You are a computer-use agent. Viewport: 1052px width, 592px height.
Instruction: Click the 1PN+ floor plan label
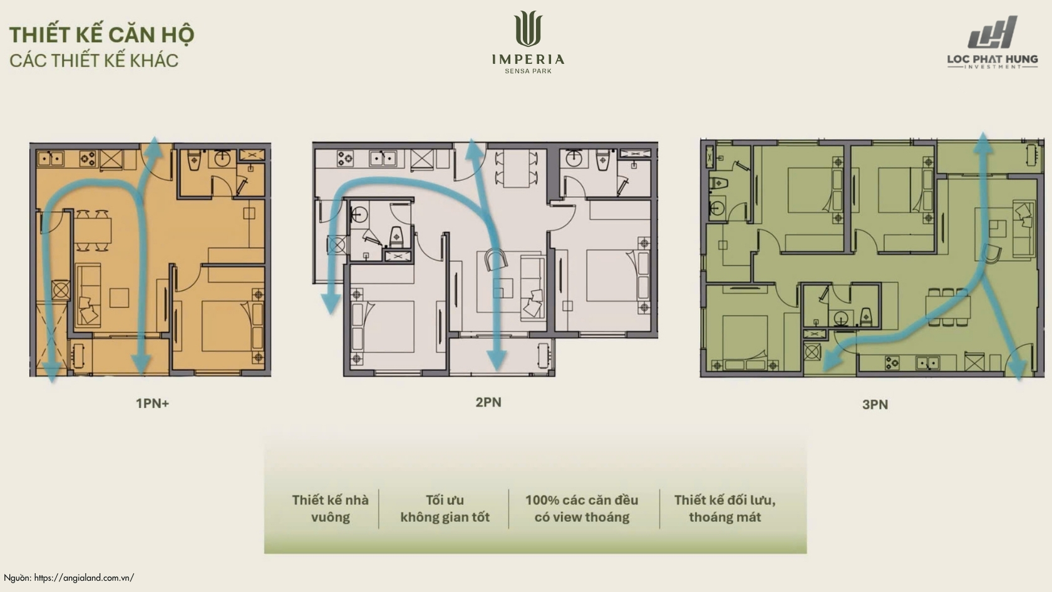pos(152,403)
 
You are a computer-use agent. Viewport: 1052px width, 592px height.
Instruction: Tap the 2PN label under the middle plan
pos(488,402)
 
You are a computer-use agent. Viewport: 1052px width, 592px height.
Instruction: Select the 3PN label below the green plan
pos(875,405)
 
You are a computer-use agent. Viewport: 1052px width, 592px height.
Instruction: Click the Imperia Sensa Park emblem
pos(528,29)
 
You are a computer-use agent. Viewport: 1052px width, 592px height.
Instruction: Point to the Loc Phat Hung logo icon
pos(993,32)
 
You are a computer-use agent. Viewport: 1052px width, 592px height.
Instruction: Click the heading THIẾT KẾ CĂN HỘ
pos(101,35)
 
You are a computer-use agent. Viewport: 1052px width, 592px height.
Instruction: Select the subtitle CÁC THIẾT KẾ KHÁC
pos(94,61)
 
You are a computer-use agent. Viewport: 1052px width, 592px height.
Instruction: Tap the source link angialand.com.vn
pos(84,578)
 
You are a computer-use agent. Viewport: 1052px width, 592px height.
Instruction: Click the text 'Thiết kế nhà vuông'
pos(330,509)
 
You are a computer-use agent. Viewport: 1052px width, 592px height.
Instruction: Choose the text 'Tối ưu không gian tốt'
pos(445,509)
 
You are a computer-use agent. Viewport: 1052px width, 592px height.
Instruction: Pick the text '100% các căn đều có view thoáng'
pos(581,509)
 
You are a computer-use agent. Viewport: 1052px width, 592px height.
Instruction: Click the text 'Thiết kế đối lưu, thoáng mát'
pos(725,509)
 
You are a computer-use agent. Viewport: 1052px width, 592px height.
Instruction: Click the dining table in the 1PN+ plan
pos(93,231)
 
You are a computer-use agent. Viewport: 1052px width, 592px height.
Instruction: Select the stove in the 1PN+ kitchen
pos(88,159)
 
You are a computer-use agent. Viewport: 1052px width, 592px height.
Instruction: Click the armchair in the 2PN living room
pos(497,259)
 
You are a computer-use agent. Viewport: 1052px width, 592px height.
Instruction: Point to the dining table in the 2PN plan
pos(516,168)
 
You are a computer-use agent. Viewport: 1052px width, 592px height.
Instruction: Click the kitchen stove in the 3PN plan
pos(892,362)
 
